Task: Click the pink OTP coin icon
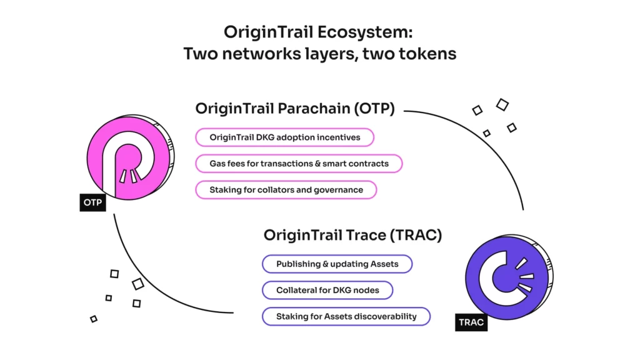click(131, 157)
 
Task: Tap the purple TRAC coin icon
click(509, 277)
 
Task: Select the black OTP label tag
click(92, 202)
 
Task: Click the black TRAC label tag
click(471, 322)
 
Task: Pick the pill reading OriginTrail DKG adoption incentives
click(284, 137)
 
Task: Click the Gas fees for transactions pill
click(299, 164)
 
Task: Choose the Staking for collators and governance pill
click(286, 190)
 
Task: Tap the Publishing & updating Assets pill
click(337, 264)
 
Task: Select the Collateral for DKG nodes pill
click(327, 290)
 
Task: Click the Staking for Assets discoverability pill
click(346, 316)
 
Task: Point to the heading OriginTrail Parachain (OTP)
click(295, 109)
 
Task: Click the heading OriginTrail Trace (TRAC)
click(352, 235)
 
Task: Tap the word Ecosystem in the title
click(365, 32)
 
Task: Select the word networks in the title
click(261, 54)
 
